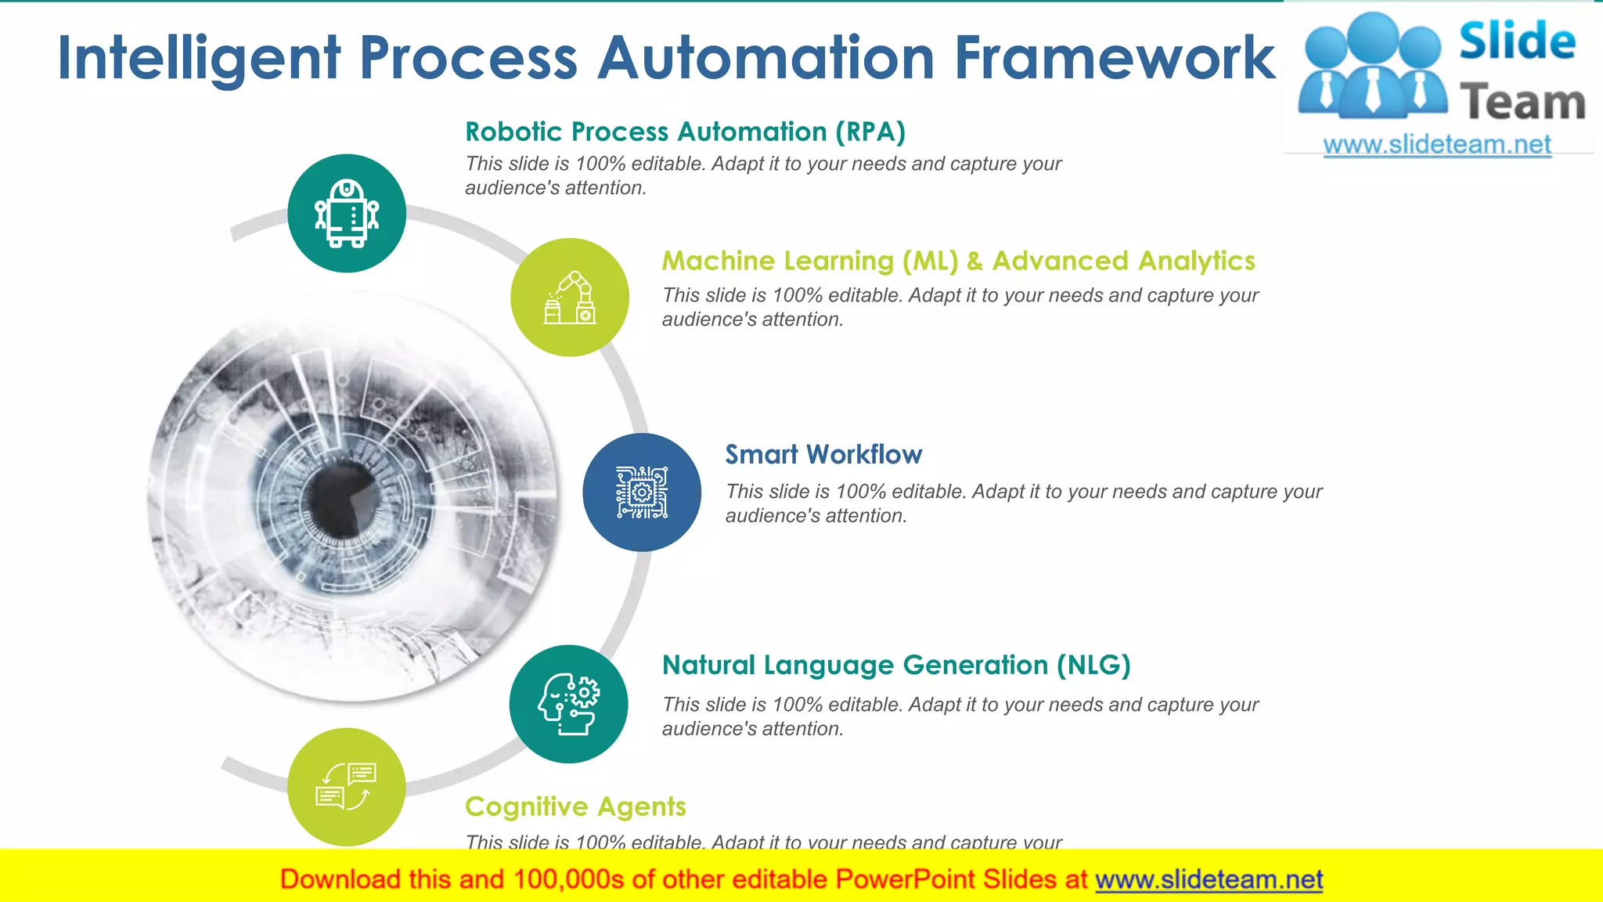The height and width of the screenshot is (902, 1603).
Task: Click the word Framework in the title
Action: (1115, 59)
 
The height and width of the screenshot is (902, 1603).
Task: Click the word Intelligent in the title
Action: (200, 59)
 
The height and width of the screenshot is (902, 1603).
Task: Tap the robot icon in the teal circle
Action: (347, 213)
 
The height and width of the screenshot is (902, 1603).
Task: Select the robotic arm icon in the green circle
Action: (570, 298)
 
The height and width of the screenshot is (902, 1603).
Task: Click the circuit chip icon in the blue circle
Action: (642, 492)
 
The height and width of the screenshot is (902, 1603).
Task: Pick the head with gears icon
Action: (569, 704)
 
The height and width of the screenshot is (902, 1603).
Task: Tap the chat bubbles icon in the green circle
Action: (347, 786)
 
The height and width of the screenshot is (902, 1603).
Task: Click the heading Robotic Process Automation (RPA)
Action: (685, 132)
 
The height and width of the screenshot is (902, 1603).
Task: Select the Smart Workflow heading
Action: (823, 454)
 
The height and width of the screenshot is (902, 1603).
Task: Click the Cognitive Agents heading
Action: (575, 806)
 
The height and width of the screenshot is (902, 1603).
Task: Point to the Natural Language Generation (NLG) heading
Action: (896, 665)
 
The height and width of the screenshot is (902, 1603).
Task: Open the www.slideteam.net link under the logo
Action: (1437, 145)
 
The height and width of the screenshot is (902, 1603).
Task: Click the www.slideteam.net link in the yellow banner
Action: (1209, 880)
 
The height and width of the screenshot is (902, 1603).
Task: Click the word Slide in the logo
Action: (1517, 41)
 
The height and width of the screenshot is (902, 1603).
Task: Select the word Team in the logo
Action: (1522, 103)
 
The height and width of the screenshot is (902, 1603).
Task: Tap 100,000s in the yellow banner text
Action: (568, 880)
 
